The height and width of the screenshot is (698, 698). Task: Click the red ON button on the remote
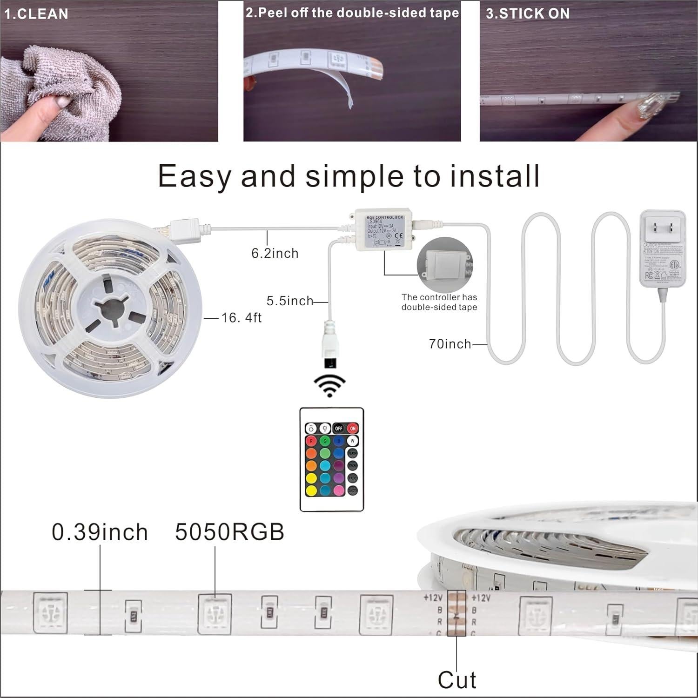[353, 428]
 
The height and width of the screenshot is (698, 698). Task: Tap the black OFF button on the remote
[339, 428]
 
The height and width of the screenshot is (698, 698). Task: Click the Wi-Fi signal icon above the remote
[329, 386]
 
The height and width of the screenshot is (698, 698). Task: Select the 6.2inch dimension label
[275, 253]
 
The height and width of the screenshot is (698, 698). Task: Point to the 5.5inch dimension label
[290, 301]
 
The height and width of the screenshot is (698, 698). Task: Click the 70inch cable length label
[450, 344]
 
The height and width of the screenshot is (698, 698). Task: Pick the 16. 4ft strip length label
[242, 318]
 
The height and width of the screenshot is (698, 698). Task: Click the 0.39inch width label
[100, 532]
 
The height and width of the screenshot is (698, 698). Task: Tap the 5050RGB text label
[229, 532]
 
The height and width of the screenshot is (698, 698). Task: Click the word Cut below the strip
[457, 680]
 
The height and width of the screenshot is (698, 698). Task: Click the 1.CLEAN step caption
[36, 14]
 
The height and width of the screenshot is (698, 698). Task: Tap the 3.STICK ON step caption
[528, 14]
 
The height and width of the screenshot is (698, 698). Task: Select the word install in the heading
[494, 176]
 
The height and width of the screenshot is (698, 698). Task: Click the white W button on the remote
[353, 441]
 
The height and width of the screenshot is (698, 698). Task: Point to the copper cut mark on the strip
[456, 613]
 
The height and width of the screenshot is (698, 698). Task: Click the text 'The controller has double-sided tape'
[439, 302]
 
